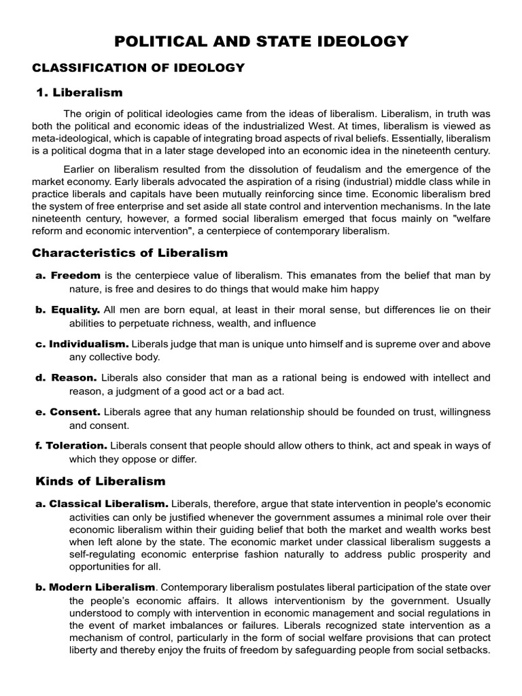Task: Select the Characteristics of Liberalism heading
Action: click(x=130, y=253)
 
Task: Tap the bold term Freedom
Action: click(x=75, y=275)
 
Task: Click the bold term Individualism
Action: click(x=89, y=344)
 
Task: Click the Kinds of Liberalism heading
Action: click(x=100, y=481)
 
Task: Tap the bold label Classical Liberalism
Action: click(x=109, y=504)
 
